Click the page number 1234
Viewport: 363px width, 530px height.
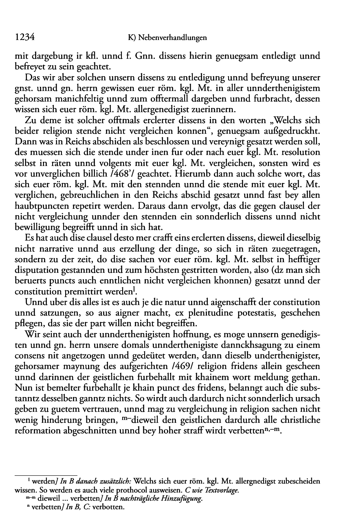pos(24,38)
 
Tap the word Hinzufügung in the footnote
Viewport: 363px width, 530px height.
pos(183,498)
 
